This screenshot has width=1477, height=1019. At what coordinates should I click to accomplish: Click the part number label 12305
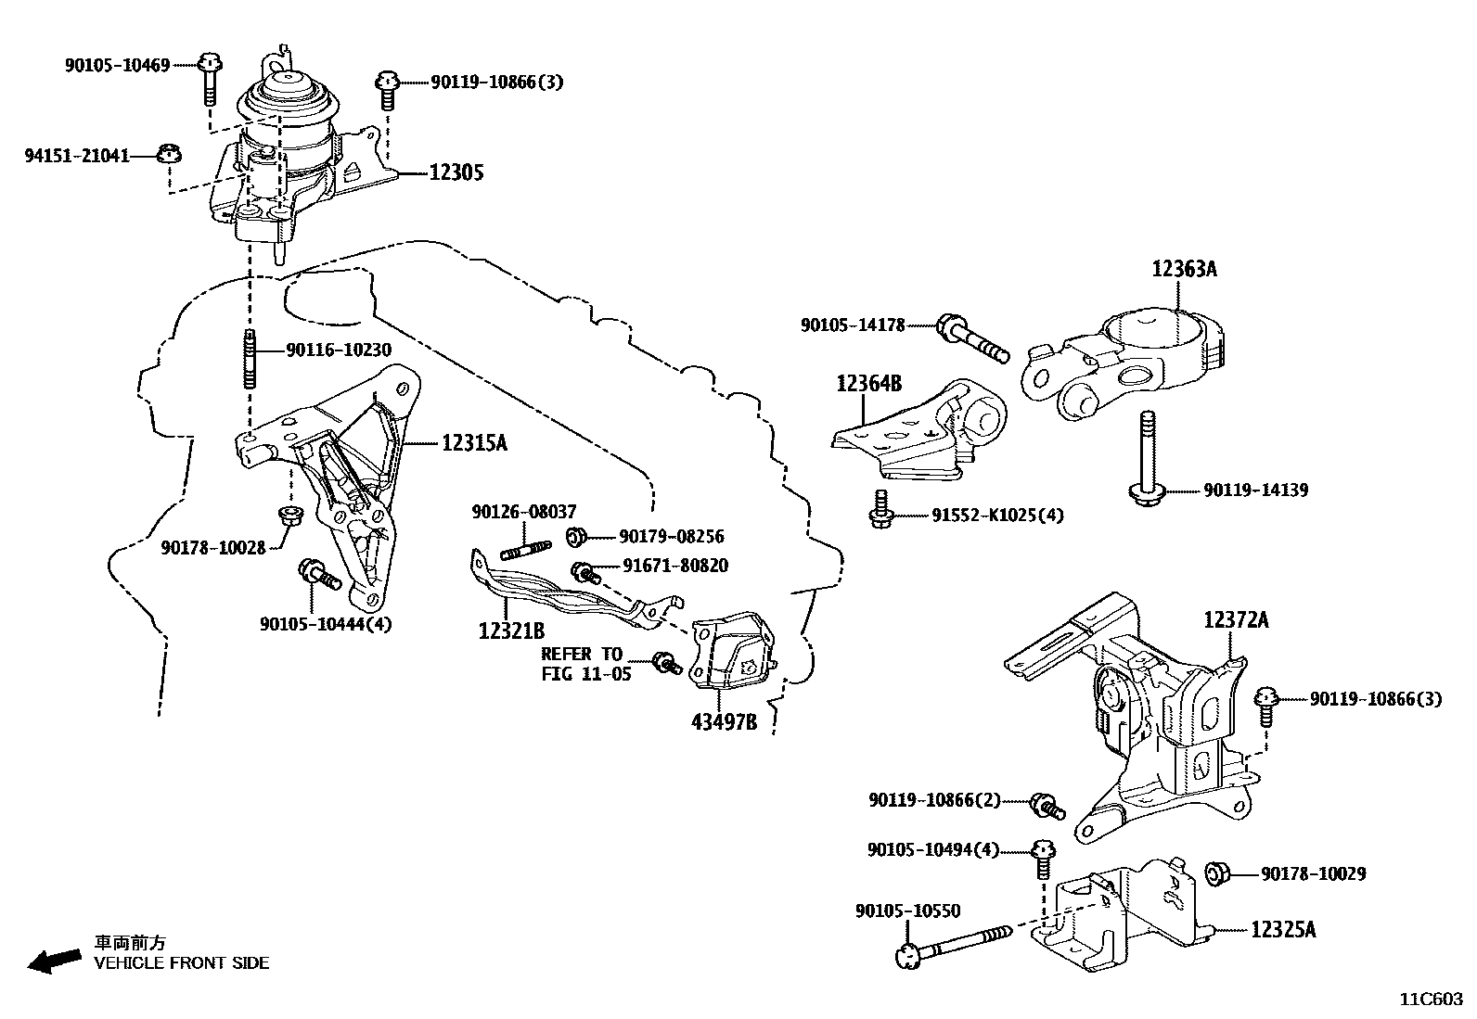click(x=456, y=172)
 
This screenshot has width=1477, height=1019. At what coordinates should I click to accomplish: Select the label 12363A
click(x=1184, y=270)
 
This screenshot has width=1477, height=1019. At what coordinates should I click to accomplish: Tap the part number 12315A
click(x=473, y=443)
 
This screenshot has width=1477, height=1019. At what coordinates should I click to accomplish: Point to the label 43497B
click(x=723, y=721)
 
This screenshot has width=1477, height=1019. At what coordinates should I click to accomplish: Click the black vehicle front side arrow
click(x=54, y=962)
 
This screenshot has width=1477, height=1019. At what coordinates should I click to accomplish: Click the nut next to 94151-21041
click(x=168, y=155)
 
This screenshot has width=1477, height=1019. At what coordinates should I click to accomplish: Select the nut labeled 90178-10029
click(x=1217, y=873)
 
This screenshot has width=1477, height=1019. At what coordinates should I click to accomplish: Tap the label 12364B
click(x=868, y=383)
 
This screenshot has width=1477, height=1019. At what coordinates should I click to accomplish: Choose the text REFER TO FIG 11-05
click(x=584, y=664)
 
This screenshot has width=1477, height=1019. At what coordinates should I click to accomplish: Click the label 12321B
click(x=511, y=631)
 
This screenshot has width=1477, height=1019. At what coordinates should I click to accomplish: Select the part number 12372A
click(x=1236, y=620)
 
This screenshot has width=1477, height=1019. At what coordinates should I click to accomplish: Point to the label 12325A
click(x=1283, y=929)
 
